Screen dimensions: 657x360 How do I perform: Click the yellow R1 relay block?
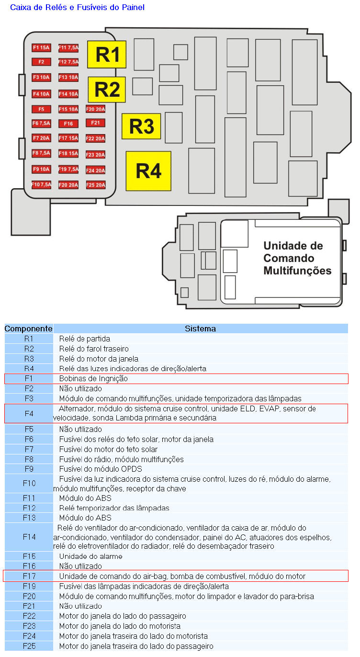(106, 54)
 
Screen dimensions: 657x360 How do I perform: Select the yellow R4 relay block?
(148, 171)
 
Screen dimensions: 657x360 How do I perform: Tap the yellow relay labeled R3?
(141, 126)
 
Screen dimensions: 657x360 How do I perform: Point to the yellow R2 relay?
(106, 89)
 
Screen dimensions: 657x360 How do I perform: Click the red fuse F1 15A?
(41, 47)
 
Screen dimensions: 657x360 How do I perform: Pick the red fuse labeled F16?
(68, 124)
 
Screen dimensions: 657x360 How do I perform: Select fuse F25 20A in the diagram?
(95, 185)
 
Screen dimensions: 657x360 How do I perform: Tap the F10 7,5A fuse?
(41, 185)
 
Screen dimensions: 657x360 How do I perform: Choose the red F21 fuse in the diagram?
(95, 123)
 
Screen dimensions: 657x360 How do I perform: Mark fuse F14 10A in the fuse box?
(68, 94)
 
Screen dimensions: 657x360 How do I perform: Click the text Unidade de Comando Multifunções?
(297, 258)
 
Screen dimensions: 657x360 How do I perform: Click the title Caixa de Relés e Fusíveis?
(77, 7)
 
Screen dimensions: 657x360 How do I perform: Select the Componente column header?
(28, 328)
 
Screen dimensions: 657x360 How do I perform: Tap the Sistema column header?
(200, 328)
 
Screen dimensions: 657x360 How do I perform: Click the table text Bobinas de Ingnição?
(93, 378)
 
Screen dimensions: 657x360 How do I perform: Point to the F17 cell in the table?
(29, 576)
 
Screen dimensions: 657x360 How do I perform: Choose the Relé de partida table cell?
(85, 339)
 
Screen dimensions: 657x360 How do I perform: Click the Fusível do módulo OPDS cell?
(101, 469)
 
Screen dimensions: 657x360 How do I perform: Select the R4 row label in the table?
(29, 368)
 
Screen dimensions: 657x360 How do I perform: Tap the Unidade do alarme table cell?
(90, 556)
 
